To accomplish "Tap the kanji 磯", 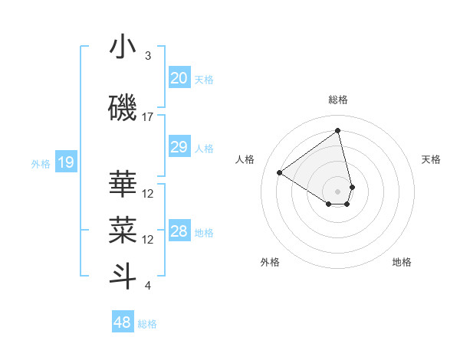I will [123, 110].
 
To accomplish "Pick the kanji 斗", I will [123, 277].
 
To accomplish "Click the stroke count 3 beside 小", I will [148, 56].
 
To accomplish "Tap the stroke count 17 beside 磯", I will [148, 117].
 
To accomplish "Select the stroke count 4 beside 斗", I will [148, 286].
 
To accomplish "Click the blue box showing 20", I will [179, 78].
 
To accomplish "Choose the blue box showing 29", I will [179, 147].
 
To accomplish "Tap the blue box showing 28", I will [179, 231].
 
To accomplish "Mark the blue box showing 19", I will [65, 162].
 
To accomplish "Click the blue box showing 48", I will [122, 322].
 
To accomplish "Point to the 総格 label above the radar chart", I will [338, 100].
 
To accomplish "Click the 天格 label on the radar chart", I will [431, 159].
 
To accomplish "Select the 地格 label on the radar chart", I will [402, 262].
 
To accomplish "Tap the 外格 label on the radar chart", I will [270, 262].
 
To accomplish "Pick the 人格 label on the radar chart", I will [245, 159].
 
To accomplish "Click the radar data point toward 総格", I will [338, 130].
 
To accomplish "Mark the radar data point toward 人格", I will [280, 172].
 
